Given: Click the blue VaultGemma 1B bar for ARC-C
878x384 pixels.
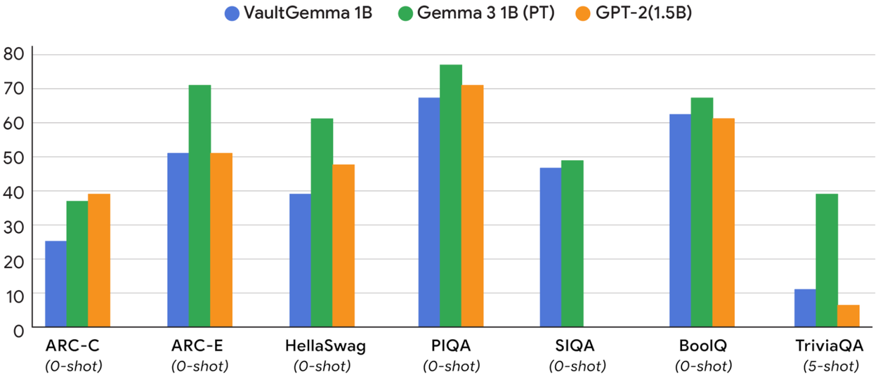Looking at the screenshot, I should [x=55, y=284].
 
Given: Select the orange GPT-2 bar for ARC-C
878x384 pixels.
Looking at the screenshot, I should [x=99, y=260].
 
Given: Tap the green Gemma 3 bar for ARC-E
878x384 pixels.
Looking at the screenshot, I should [x=199, y=206].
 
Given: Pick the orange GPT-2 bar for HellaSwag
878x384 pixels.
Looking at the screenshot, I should [x=343, y=246].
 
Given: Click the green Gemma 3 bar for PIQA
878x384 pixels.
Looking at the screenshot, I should [x=450, y=196].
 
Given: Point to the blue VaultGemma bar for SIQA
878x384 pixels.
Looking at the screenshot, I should [x=550, y=247].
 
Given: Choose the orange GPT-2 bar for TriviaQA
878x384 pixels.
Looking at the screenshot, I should [x=848, y=316].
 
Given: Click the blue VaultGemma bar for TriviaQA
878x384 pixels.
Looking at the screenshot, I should [x=805, y=308].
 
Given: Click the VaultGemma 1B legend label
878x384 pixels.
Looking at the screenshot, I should [x=307, y=13].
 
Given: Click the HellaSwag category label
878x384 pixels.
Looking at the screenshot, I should [x=326, y=346].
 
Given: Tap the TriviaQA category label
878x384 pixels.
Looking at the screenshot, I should [x=830, y=346].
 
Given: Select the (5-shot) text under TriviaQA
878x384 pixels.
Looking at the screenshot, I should [x=830, y=366].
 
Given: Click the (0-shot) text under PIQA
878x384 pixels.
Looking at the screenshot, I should [x=451, y=366].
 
